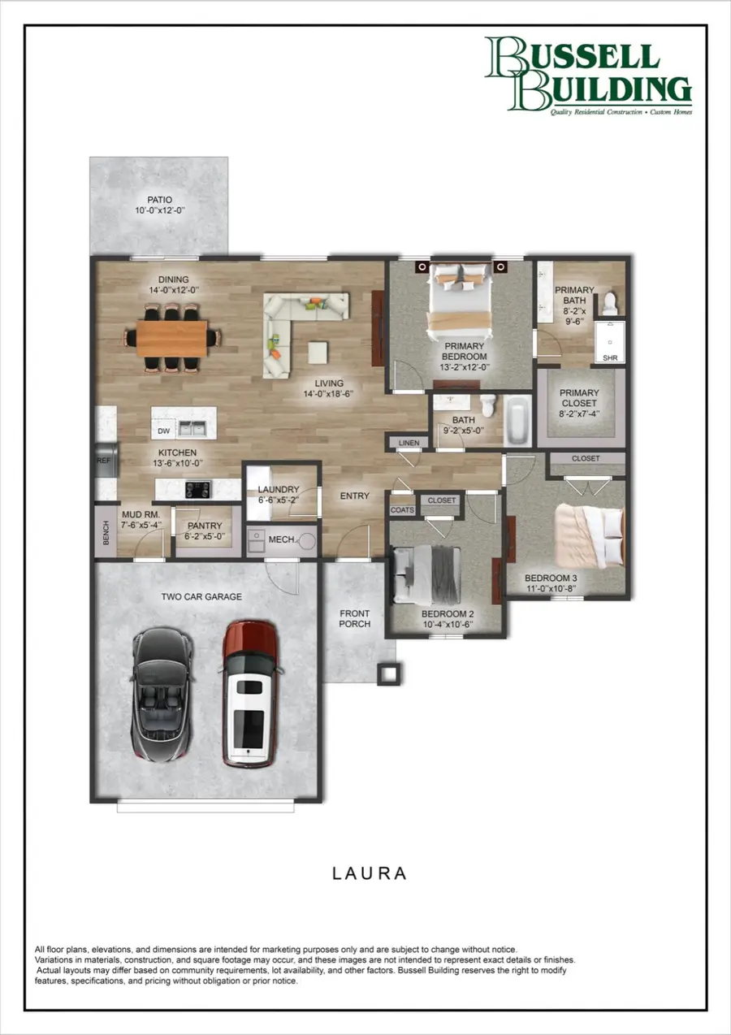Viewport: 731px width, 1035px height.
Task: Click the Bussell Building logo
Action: (x=589, y=75)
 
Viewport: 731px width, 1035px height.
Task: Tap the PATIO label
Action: (x=160, y=205)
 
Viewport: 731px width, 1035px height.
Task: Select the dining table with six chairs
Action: (x=171, y=338)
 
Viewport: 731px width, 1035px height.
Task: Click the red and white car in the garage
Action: (x=249, y=694)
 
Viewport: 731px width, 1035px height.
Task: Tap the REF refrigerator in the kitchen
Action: (x=105, y=461)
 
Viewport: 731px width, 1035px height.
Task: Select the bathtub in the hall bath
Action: (x=516, y=420)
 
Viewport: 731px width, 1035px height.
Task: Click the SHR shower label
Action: (x=609, y=357)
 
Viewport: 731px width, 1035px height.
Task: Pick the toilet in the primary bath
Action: (x=610, y=304)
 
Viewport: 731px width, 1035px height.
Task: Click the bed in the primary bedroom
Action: (x=461, y=301)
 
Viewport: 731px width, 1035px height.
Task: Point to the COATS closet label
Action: (x=402, y=510)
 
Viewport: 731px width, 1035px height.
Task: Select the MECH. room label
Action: (x=282, y=539)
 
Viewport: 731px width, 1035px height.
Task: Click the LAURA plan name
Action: (x=369, y=873)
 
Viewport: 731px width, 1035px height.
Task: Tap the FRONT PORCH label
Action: (x=355, y=618)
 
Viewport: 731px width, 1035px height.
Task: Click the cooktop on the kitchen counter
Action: (x=198, y=489)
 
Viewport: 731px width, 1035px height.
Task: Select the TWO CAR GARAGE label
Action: (x=201, y=596)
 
